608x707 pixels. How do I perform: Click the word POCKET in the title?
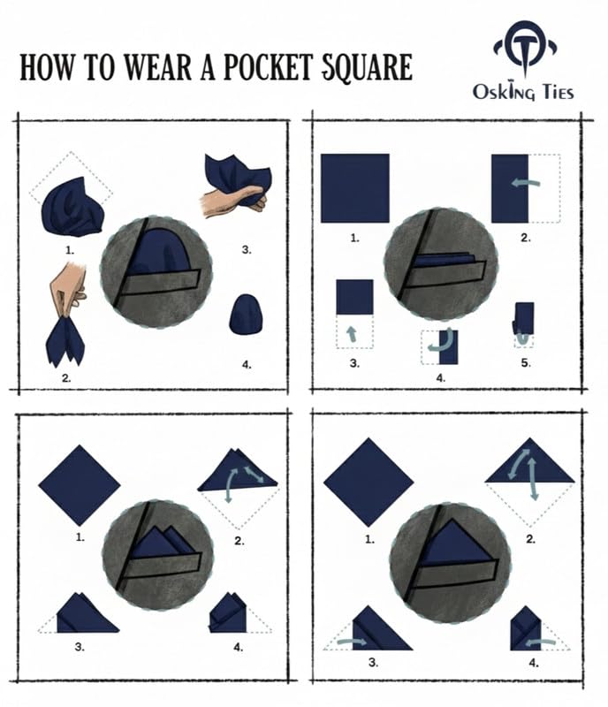268,67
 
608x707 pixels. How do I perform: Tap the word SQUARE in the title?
367,69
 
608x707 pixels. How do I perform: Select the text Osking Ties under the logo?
523,91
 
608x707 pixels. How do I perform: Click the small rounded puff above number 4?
246,315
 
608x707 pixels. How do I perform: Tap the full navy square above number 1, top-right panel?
355,188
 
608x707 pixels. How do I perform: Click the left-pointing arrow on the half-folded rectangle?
526,182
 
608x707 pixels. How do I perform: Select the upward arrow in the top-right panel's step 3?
352,334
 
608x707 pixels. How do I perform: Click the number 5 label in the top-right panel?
526,363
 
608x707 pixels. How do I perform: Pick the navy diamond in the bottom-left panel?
80,485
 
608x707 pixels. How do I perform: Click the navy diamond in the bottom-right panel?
369,482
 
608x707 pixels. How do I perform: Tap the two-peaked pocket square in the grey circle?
163,543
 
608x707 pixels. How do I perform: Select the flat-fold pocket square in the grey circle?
445,260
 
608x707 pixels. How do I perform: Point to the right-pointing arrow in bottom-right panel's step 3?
353,642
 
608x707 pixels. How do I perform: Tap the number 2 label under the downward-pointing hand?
66,378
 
